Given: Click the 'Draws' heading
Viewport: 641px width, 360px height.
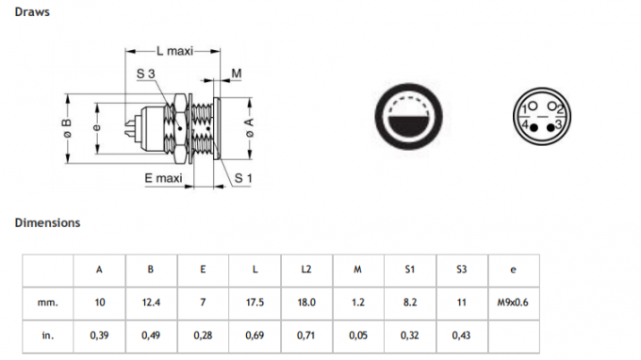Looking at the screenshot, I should pyautogui.click(x=32, y=12).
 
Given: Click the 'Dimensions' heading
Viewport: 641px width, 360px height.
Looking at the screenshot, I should pyautogui.click(x=47, y=223).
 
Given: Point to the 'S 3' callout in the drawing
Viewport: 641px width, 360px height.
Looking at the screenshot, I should pyautogui.click(x=145, y=73).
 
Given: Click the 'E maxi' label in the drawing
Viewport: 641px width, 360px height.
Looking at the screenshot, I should pyautogui.click(x=162, y=177).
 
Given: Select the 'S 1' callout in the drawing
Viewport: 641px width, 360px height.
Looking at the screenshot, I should pyautogui.click(x=243, y=177).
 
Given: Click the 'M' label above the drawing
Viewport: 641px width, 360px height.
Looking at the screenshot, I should pyautogui.click(x=236, y=73).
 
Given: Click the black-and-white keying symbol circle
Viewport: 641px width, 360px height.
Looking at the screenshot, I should pyautogui.click(x=409, y=118).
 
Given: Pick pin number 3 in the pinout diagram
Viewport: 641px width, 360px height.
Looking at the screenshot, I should pyautogui.click(x=559, y=124).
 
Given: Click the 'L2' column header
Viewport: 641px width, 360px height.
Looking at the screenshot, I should pyautogui.click(x=306, y=270).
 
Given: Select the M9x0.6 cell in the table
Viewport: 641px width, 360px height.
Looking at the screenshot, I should pyautogui.click(x=512, y=303).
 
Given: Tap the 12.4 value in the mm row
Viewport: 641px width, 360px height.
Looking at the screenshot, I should pyautogui.click(x=151, y=303).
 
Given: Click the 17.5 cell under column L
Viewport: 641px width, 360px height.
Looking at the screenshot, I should pyautogui.click(x=255, y=303).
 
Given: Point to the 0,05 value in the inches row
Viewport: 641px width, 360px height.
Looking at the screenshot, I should pyautogui.click(x=357, y=335).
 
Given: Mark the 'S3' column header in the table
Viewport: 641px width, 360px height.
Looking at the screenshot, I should pyautogui.click(x=460, y=270).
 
